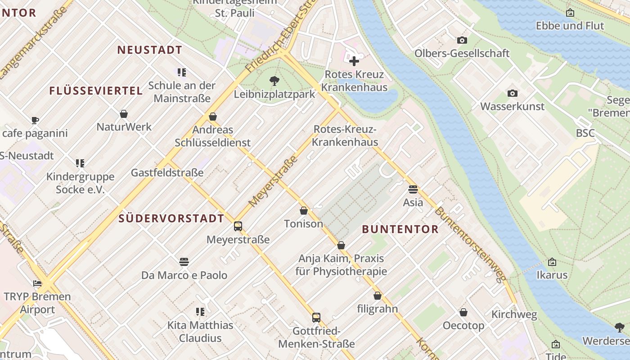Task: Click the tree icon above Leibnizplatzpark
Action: [x=274, y=81]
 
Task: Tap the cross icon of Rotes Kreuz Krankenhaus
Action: [x=354, y=61]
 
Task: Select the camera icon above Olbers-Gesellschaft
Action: [x=462, y=40]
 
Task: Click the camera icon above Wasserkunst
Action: [x=512, y=94]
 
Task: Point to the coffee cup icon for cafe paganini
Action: [x=35, y=120]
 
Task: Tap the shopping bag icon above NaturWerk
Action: [x=124, y=114]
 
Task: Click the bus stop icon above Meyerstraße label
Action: [x=238, y=226]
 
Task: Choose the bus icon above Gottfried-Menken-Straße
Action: [x=316, y=318]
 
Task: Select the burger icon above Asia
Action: [x=413, y=189]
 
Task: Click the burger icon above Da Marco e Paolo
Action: [x=184, y=262]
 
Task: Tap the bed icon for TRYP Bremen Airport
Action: [x=37, y=283]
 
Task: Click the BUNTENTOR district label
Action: [x=400, y=229]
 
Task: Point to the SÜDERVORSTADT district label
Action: [x=171, y=219]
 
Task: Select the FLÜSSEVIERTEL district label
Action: [x=96, y=91]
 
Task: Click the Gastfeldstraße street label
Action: [x=167, y=173]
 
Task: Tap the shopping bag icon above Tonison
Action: [x=304, y=211]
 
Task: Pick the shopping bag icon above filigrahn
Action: [x=378, y=296]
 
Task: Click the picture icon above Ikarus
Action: [x=552, y=262]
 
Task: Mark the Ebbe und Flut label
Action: [x=570, y=26]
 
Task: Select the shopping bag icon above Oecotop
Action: [x=463, y=312]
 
